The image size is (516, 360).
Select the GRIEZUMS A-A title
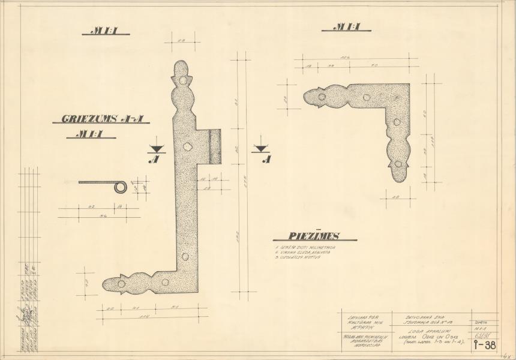point(101,119)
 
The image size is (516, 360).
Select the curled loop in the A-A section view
point(121,187)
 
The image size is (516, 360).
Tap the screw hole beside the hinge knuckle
point(187,146)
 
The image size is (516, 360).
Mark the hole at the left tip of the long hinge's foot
point(121,283)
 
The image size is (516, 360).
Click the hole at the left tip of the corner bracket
point(322,96)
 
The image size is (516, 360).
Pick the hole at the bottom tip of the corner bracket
point(398,163)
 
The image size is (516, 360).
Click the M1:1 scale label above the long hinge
point(106,31)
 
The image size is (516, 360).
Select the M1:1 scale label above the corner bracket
point(346,27)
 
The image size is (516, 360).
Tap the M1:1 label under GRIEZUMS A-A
point(91,134)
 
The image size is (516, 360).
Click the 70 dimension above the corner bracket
point(373,65)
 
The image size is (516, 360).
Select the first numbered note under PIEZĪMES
point(301,247)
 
